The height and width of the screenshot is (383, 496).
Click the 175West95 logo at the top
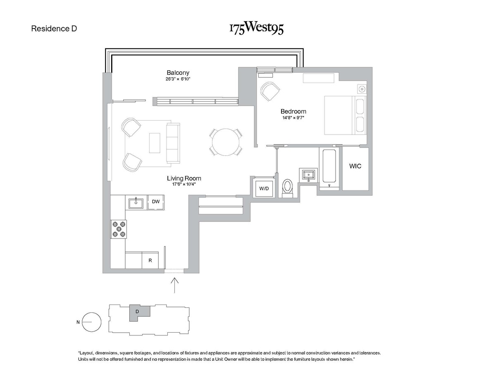[x=256, y=29]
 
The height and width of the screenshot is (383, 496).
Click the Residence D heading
[x=54, y=29]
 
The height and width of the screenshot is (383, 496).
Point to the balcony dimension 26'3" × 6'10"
[x=178, y=79]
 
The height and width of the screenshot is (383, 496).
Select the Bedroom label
[x=293, y=111]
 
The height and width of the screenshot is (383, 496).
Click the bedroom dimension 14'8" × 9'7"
[x=293, y=117]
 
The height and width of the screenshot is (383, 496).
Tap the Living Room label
[x=184, y=178]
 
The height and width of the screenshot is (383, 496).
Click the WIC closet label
[x=355, y=166]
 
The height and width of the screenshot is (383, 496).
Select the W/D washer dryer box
[x=264, y=188]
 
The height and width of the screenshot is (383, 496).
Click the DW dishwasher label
[x=156, y=202]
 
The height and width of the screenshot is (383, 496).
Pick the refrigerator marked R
[x=150, y=261]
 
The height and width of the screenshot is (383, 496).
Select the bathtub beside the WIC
[x=329, y=167]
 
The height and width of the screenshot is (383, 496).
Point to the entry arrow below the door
[x=175, y=285]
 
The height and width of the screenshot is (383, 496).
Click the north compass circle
[x=91, y=322]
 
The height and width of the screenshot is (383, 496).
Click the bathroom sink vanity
[x=309, y=175]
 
